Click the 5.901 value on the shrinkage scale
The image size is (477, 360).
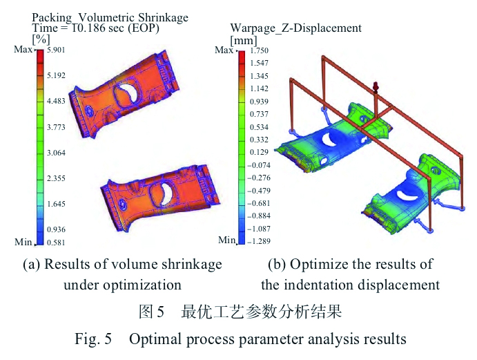tap(57, 50)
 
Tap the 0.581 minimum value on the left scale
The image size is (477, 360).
tap(57, 242)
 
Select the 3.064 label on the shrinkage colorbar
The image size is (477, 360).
tap(57, 153)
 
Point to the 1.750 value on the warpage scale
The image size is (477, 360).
tap(260, 51)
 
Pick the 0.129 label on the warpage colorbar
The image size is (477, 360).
tap(260, 152)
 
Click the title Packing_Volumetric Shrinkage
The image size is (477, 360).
tap(110, 16)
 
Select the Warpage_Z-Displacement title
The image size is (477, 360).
tap(295, 28)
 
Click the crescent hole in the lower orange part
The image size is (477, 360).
tap(167, 191)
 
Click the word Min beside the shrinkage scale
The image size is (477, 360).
tap(23, 242)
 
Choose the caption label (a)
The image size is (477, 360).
tap(32, 264)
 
